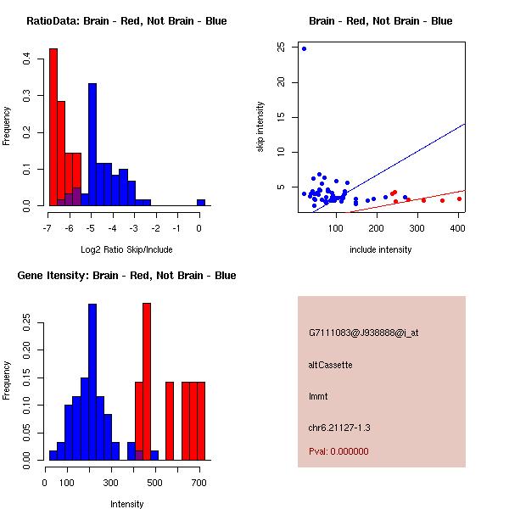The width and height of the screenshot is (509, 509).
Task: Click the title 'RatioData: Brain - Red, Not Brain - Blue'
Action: [126, 20]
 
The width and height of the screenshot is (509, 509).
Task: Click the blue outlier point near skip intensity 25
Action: [304, 48]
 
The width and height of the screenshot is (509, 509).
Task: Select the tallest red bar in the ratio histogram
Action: [53, 127]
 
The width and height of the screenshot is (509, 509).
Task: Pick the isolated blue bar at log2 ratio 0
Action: [201, 203]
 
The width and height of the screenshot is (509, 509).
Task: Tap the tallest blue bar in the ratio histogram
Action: [92, 144]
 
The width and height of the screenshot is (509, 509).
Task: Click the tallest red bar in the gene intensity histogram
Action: [147, 381]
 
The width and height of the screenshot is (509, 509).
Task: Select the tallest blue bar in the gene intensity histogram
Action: [92, 382]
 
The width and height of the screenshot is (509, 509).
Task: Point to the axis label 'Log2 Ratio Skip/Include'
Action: [126, 249]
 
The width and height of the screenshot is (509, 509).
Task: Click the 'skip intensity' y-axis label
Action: [260, 127]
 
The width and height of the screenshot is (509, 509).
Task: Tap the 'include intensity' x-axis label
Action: [381, 249]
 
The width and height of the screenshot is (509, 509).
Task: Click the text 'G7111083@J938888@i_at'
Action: [364, 333]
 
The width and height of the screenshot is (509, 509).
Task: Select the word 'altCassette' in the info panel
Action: [331, 365]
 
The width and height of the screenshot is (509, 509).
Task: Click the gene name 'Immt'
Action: [318, 396]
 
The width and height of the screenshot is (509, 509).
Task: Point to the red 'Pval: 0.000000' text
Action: [338, 451]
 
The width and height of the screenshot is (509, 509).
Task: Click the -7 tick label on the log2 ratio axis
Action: [48, 227]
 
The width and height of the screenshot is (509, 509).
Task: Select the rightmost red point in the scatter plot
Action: [459, 199]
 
